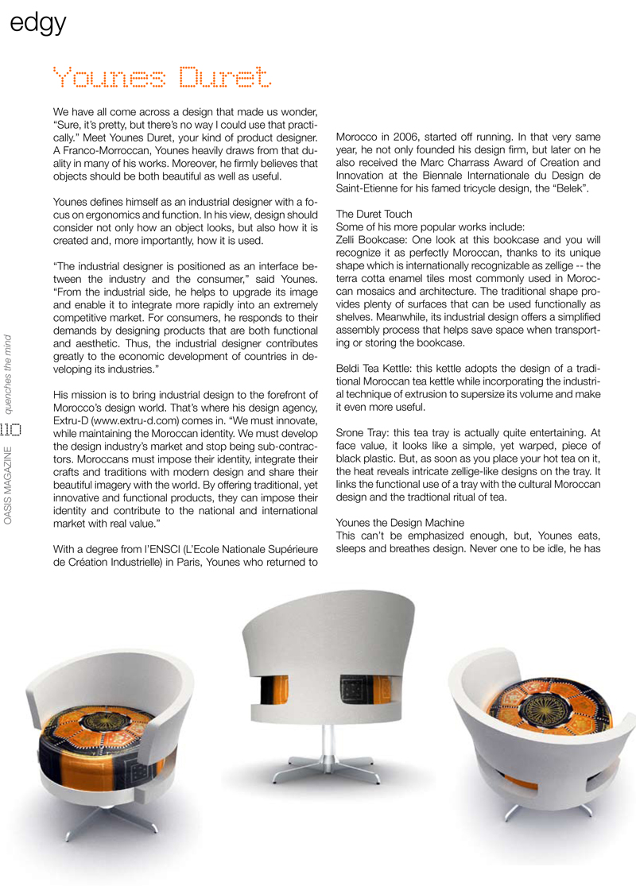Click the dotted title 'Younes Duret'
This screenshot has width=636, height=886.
click(161, 78)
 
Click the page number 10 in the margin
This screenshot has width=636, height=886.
click(10, 431)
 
